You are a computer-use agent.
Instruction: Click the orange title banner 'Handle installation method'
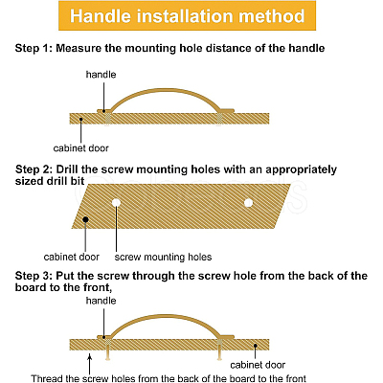(188, 16)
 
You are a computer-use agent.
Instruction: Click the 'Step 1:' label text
(34, 48)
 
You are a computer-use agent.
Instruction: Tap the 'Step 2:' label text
(34, 169)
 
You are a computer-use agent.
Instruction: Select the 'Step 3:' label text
(34, 276)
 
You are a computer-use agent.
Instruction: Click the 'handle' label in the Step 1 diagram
(101, 75)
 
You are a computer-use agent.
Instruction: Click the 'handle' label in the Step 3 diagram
(101, 301)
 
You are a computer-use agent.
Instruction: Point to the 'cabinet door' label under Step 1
(81, 148)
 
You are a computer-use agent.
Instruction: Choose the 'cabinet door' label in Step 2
(72, 257)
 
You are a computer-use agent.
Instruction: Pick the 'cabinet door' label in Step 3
(258, 365)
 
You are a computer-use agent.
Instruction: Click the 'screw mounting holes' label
(163, 257)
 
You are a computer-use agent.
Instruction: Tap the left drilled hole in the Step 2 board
(116, 202)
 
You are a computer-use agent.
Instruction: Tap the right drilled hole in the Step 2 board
(248, 203)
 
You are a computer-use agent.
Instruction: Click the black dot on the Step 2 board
(85, 219)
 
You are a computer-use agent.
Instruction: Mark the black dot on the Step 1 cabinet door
(81, 120)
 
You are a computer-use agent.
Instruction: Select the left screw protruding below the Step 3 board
(108, 354)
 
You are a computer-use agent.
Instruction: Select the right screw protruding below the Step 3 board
(219, 354)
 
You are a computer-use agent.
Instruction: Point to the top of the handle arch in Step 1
(166, 90)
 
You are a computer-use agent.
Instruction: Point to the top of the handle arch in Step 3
(166, 316)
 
